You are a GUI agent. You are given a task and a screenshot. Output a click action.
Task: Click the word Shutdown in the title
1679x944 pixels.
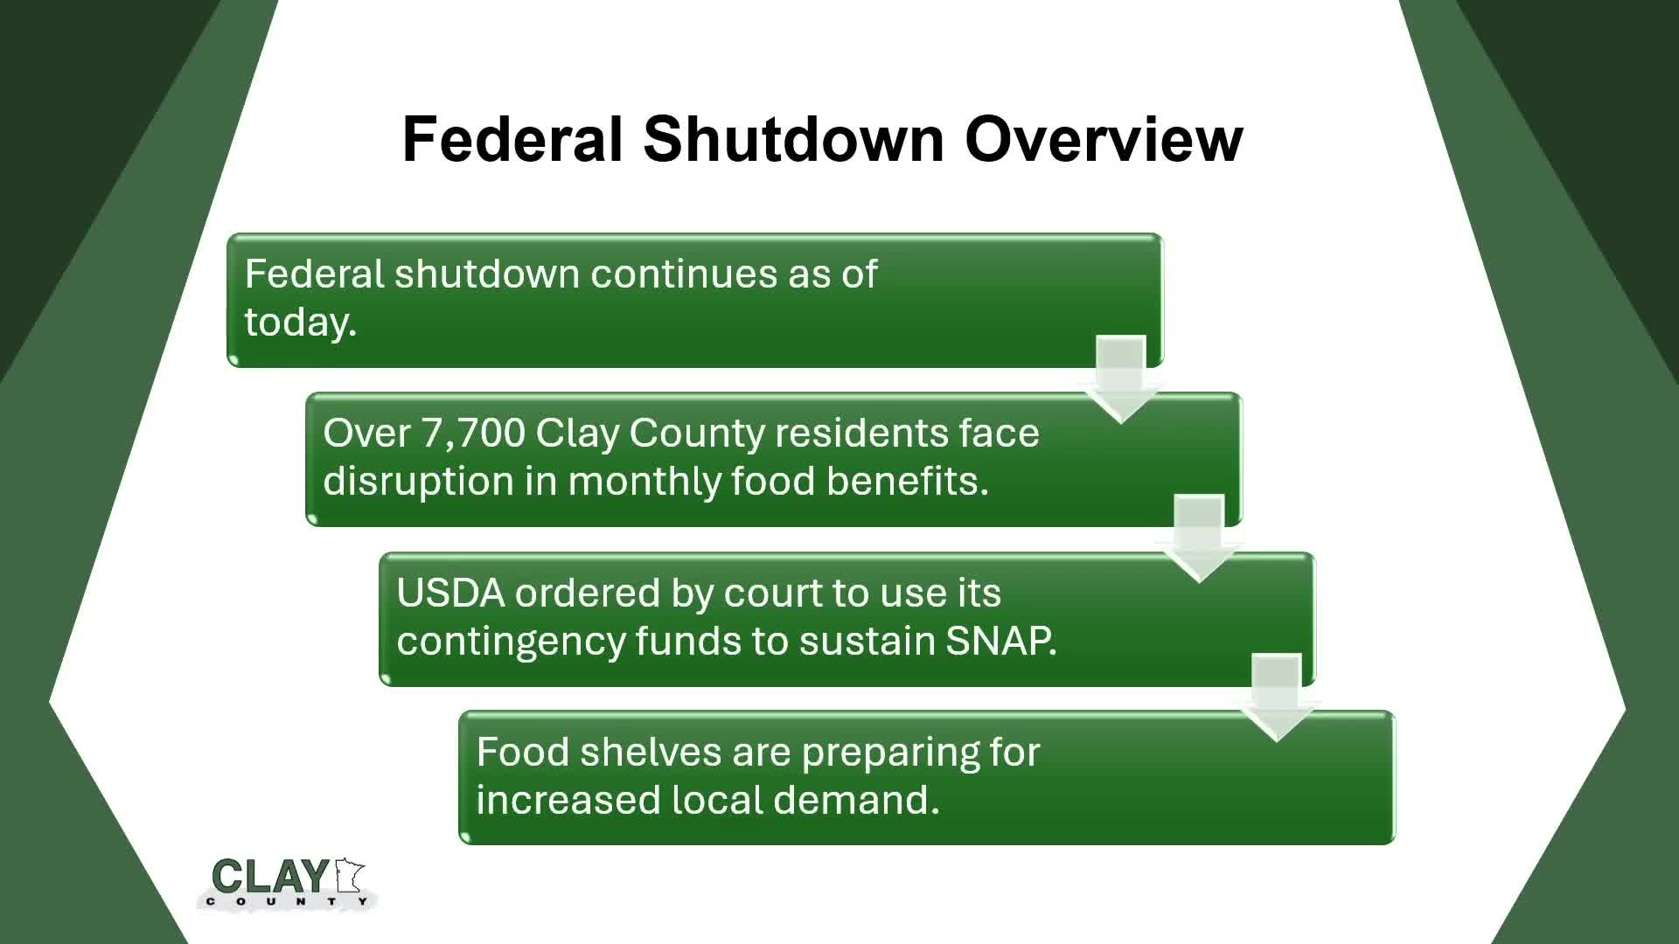(x=793, y=139)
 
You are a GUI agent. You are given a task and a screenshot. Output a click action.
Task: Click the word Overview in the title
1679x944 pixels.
(x=1104, y=139)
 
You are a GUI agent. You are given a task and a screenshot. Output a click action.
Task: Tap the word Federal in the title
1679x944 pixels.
(x=512, y=139)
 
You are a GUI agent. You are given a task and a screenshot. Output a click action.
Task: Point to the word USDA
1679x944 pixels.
(x=450, y=593)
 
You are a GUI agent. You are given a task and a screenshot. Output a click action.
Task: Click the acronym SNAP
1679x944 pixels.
(x=1000, y=641)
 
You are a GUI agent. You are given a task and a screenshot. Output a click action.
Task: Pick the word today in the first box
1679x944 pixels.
(x=299, y=322)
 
